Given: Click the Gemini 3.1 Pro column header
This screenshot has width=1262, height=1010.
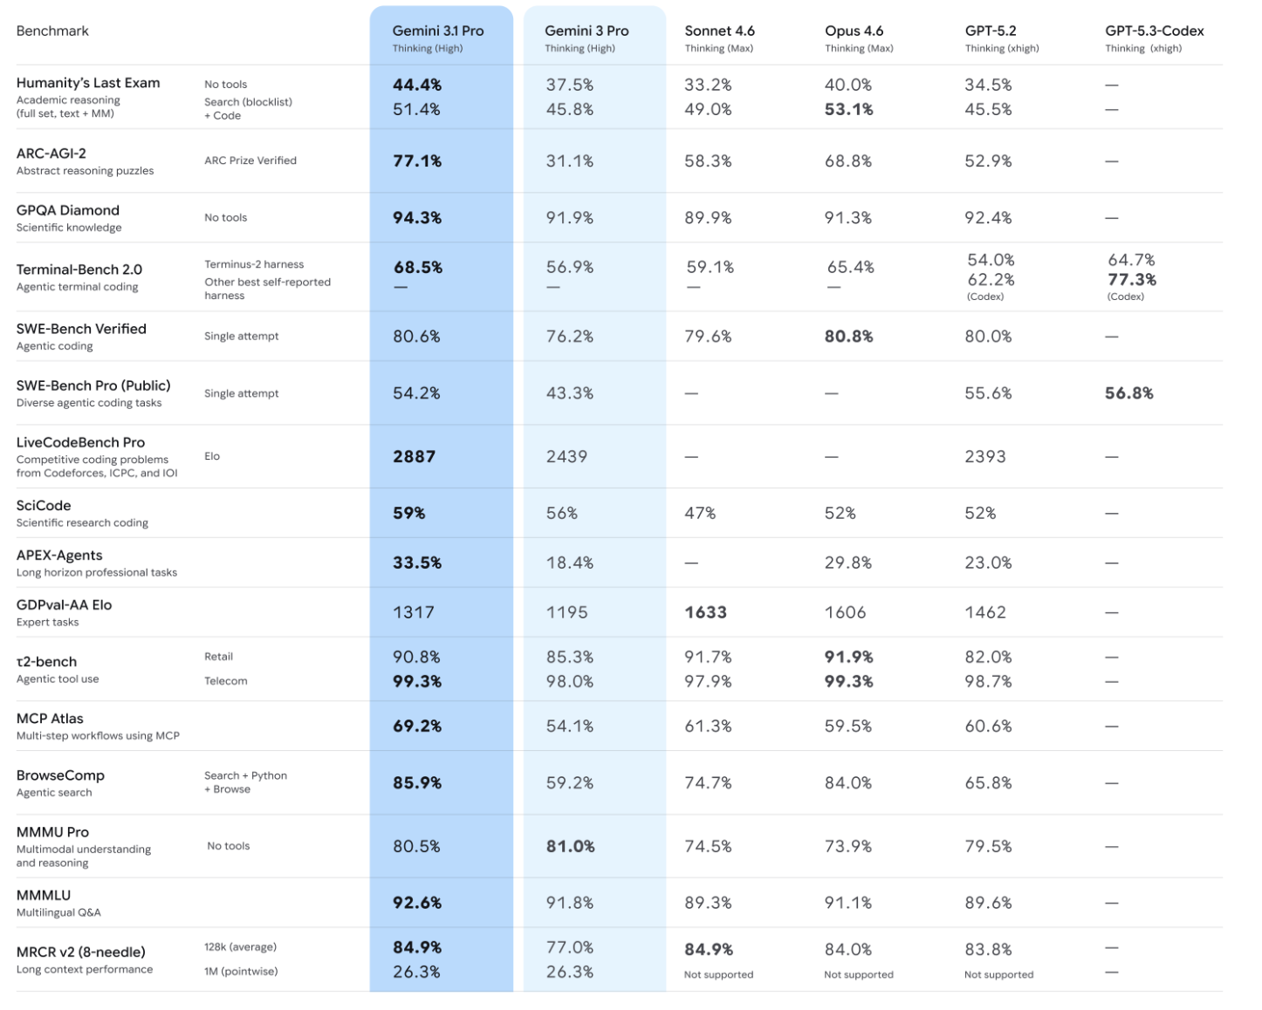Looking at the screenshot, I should pyautogui.click(x=437, y=31).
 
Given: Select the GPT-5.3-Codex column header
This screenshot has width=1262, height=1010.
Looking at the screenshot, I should pyautogui.click(x=1154, y=31).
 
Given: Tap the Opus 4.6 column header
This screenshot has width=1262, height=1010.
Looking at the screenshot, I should pyautogui.click(x=854, y=31).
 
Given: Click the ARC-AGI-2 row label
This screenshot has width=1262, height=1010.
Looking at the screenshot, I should pyautogui.click(x=51, y=154).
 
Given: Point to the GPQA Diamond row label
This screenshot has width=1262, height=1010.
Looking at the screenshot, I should pyautogui.click(x=67, y=210).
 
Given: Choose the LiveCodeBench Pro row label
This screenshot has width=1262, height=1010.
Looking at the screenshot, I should pyautogui.click(x=80, y=442).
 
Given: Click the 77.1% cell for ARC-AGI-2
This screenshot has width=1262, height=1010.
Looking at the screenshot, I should pyautogui.click(x=417, y=161).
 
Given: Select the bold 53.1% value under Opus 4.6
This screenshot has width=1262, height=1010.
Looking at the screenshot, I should pyautogui.click(x=848, y=109).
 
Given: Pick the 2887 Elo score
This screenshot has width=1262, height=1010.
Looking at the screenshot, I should pyautogui.click(x=414, y=456).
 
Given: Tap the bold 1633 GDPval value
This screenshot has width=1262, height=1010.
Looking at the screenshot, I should pyautogui.click(x=705, y=612).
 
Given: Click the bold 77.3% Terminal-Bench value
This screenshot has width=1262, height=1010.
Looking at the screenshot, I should pyautogui.click(x=1132, y=279).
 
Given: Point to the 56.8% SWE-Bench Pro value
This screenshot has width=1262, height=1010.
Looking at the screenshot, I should pyautogui.click(x=1128, y=393).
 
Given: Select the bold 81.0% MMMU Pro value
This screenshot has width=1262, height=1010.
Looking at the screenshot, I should pyautogui.click(x=570, y=846).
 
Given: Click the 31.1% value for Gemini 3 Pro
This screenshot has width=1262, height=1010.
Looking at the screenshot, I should pyautogui.click(x=569, y=161).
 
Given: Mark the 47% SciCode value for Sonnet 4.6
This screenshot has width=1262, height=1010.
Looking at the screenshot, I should pyautogui.click(x=700, y=513).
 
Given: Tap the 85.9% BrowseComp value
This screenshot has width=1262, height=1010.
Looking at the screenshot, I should pyautogui.click(x=417, y=782).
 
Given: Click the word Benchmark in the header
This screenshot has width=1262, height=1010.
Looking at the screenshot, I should pyautogui.click(x=52, y=31).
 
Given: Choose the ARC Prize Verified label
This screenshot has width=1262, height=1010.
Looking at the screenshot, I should pyautogui.click(x=250, y=160).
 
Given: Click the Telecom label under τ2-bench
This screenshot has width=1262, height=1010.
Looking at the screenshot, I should pyautogui.click(x=225, y=681).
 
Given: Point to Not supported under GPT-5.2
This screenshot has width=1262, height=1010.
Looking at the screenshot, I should pyautogui.click(x=998, y=974).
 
